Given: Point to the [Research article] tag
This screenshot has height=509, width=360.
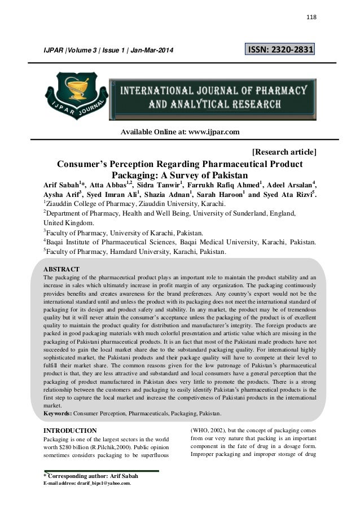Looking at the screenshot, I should [x=284, y=151].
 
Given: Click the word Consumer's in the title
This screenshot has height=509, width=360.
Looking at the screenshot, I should [x=84, y=164].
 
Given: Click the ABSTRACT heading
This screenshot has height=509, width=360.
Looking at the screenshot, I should [x=62, y=268].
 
